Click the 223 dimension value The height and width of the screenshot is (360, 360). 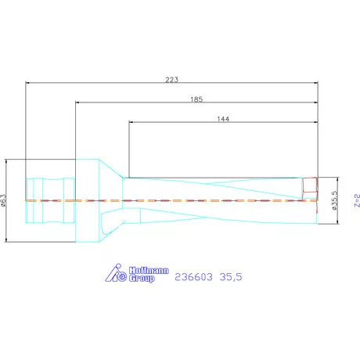(x=171, y=80)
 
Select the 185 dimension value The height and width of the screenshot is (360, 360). (x=196, y=99)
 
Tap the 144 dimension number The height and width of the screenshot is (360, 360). (x=223, y=119)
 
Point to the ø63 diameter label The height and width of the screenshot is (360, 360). (x=3, y=200)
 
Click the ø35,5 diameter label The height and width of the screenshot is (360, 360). (x=335, y=200)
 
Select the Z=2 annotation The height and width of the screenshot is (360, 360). (x=357, y=200)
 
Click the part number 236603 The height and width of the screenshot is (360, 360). (x=193, y=277)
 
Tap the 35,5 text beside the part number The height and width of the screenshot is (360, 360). (x=231, y=277)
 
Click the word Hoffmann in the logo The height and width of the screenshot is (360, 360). (x=149, y=270)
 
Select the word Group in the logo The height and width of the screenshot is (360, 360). (x=142, y=278)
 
